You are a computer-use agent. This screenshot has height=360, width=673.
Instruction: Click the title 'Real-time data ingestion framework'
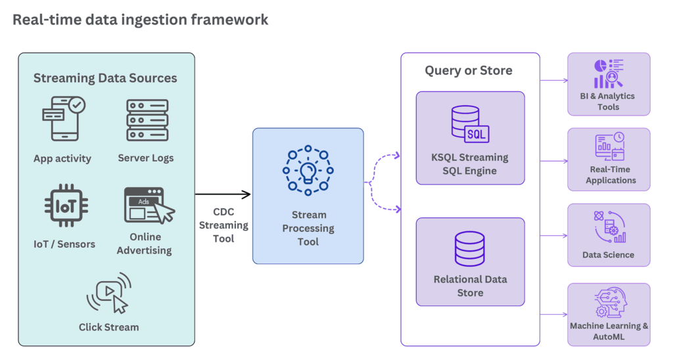click(141, 20)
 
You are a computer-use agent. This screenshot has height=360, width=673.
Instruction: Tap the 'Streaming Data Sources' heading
click(105, 78)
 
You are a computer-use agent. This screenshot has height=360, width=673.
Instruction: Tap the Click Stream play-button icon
click(108, 294)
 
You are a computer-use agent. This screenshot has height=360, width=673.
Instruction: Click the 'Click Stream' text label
click(108, 326)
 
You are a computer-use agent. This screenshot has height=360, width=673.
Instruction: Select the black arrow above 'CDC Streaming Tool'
click(223, 194)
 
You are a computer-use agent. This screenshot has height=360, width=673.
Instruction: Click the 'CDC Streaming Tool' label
click(223, 225)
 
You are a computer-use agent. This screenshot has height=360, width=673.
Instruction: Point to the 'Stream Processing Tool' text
click(308, 228)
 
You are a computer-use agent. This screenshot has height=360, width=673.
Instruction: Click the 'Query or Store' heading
click(469, 70)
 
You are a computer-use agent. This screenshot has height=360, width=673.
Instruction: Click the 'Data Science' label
click(608, 255)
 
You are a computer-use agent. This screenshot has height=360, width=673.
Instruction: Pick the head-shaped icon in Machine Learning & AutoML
click(608, 303)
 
